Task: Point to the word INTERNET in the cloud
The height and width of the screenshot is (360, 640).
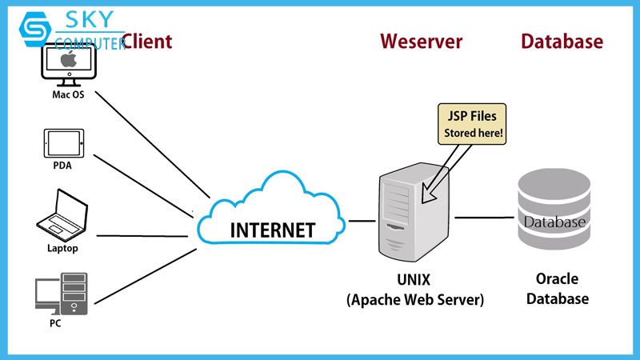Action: [x=272, y=230]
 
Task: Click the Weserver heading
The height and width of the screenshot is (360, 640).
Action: [x=421, y=42]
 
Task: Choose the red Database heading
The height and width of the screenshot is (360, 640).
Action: [x=562, y=42]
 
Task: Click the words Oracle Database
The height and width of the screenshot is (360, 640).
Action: [x=562, y=289]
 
